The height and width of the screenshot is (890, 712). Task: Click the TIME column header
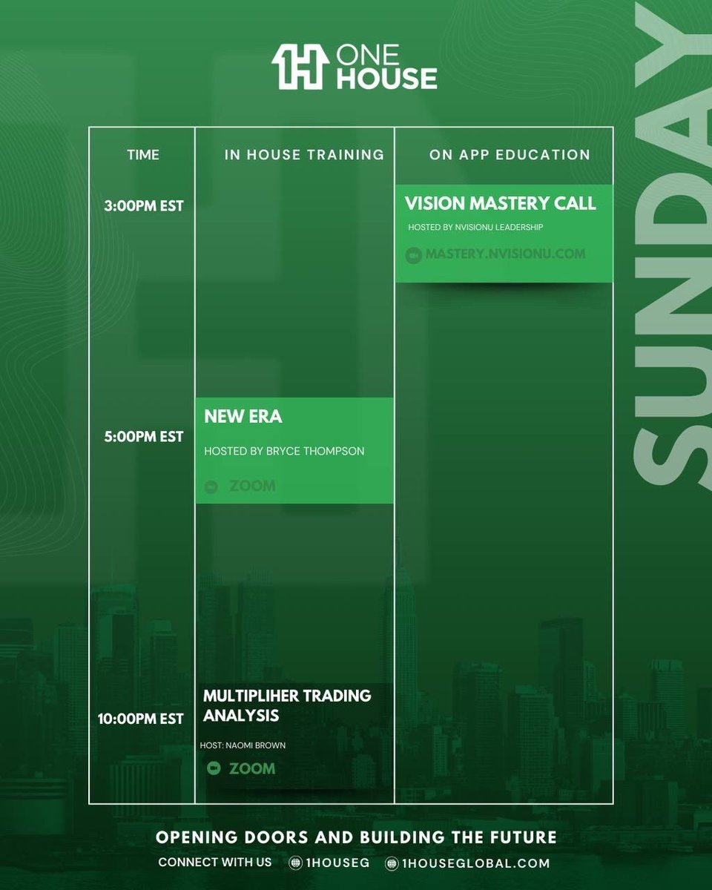point(143,155)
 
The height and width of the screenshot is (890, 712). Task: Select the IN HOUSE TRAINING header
point(304,155)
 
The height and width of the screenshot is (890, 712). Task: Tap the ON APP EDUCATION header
point(510,155)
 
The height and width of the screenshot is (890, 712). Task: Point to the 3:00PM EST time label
point(144,205)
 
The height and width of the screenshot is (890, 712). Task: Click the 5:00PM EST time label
point(144,436)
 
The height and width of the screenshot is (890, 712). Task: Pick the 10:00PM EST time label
point(140,719)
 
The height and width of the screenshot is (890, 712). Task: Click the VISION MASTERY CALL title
point(500,202)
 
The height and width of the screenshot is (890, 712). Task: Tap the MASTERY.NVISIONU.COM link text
point(505,254)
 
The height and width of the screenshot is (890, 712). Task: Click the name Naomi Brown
point(262,745)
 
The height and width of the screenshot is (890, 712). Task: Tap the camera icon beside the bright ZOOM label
point(214,768)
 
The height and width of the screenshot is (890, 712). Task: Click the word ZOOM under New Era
point(252,487)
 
